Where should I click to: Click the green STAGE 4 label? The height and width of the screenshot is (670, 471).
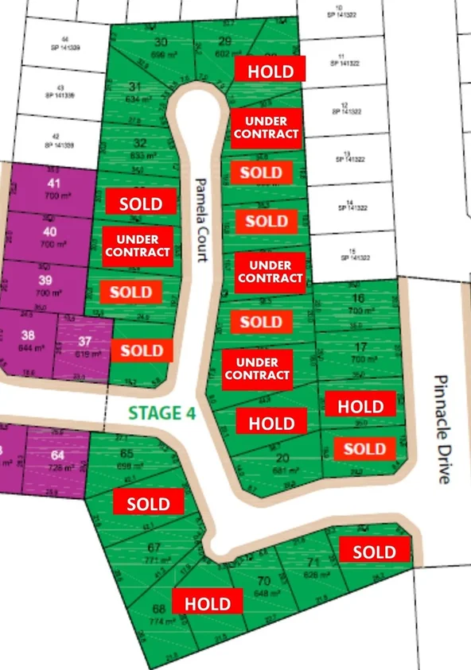click(x=162, y=412)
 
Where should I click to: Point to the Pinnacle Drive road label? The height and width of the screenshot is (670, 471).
click(x=443, y=429)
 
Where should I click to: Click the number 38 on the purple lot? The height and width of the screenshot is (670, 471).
click(x=28, y=335)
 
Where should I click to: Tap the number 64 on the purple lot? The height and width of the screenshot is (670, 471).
click(x=56, y=455)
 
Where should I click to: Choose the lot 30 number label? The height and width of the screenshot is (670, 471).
click(x=161, y=43)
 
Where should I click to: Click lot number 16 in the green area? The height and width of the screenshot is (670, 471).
click(x=358, y=299)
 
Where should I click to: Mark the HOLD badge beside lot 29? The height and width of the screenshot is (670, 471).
click(x=271, y=69)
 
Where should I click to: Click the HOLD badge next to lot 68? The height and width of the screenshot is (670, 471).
click(x=207, y=603)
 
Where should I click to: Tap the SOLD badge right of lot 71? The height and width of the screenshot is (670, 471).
click(x=374, y=551)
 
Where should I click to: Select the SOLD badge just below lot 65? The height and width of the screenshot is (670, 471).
click(x=149, y=503)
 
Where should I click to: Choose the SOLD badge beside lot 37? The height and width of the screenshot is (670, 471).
click(x=142, y=350)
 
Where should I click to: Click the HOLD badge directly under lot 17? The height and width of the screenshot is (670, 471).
click(x=360, y=406)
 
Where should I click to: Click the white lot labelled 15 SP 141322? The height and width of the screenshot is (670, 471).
click(x=356, y=254)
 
